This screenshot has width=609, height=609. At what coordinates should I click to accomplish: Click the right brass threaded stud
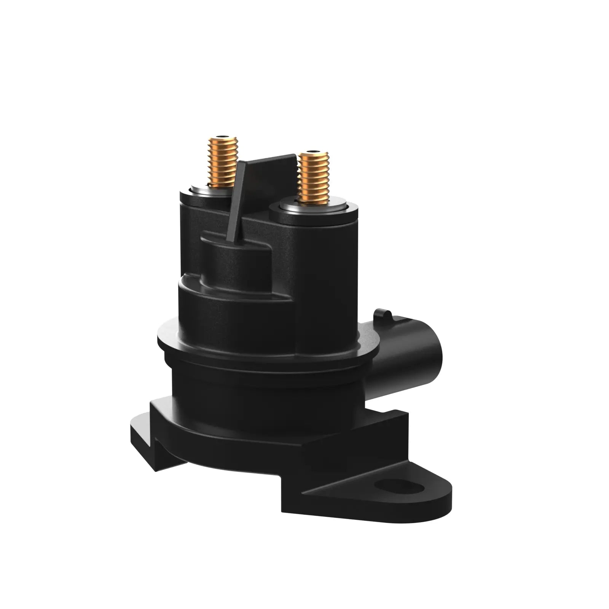313,177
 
